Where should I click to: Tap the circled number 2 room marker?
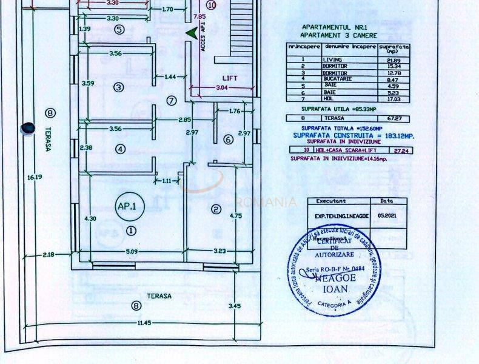215,210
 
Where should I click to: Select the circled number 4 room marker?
120,149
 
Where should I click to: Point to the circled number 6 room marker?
228,140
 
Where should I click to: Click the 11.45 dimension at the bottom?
144,322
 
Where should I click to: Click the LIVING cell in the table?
333,59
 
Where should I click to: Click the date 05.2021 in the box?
387,214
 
